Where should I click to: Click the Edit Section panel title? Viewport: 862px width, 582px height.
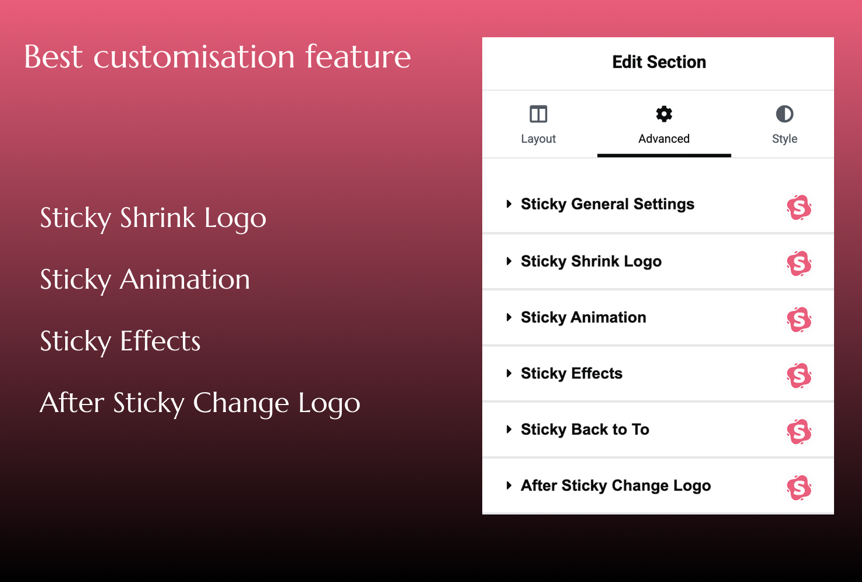point(659,62)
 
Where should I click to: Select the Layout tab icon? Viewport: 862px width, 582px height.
point(538,114)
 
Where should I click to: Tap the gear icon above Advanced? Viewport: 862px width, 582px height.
point(664,114)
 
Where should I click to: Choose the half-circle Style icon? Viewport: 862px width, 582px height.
point(785,114)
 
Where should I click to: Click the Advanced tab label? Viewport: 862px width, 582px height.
point(664,139)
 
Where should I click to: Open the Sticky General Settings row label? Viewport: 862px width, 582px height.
point(607,204)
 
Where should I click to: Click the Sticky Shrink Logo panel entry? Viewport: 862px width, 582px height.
point(591,261)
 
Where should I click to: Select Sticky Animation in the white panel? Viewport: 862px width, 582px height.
point(584,317)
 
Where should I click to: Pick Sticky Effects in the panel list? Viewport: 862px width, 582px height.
point(571,374)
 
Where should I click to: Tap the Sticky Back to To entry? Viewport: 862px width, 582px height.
point(585,430)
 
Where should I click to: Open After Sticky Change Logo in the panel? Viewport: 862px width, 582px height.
point(616,486)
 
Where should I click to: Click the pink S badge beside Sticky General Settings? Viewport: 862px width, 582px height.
point(799,207)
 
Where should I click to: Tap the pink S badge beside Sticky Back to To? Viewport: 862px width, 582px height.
point(799,432)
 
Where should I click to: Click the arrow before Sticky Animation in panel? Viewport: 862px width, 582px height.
point(509,317)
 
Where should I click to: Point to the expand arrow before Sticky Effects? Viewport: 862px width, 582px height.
point(509,374)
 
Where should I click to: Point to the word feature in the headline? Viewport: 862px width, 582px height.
point(358,57)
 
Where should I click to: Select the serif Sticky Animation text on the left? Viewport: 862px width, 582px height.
point(145,280)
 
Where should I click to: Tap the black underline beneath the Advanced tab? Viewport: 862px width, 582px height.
point(664,155)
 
